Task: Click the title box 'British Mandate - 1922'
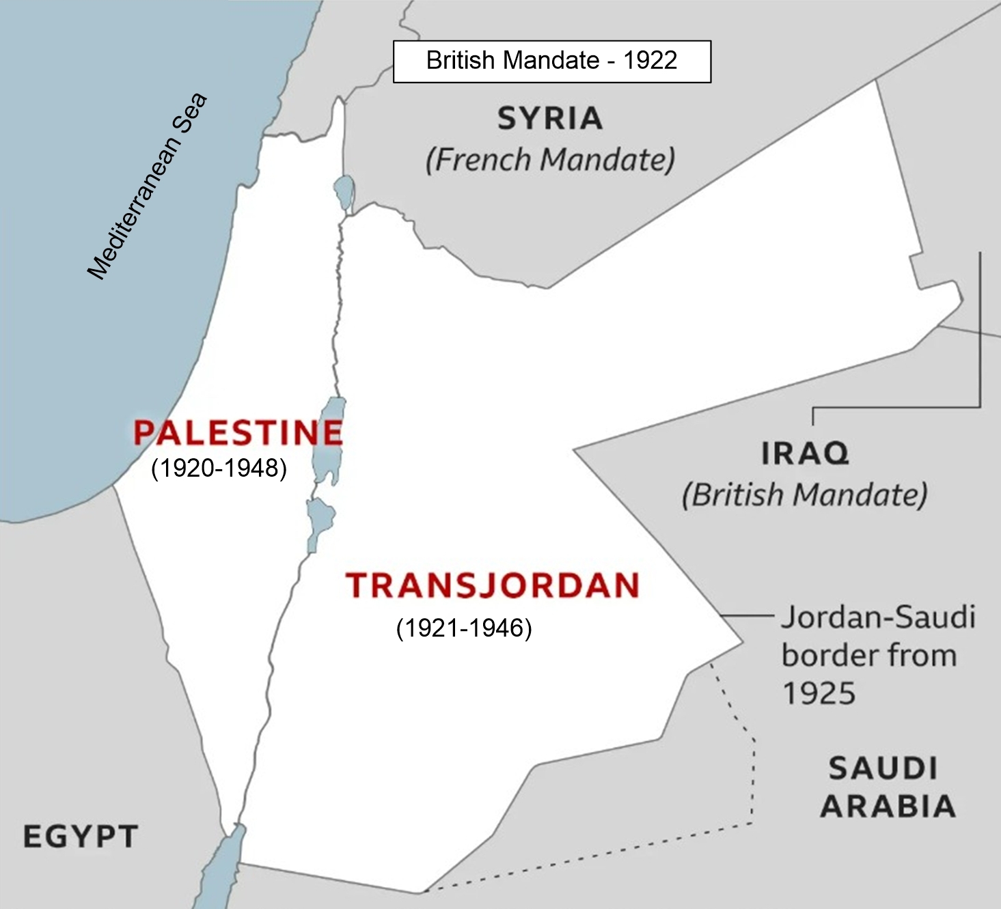(551, 61)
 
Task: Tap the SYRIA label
(550, 119)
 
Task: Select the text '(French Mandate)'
(550, 160)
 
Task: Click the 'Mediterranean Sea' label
(147, 186)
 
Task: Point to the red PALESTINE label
(238, 432)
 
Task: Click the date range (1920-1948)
(219, 469)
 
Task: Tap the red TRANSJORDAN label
(492, 585)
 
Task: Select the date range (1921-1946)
(464, 628)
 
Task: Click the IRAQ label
(805, 453)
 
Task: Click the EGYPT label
(81, 837)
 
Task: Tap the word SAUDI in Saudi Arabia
(883, 769)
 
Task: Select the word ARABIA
(888, 807)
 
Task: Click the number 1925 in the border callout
(819, 694)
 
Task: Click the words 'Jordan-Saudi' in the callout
(878, 617)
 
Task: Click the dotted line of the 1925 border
(754, 772)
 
